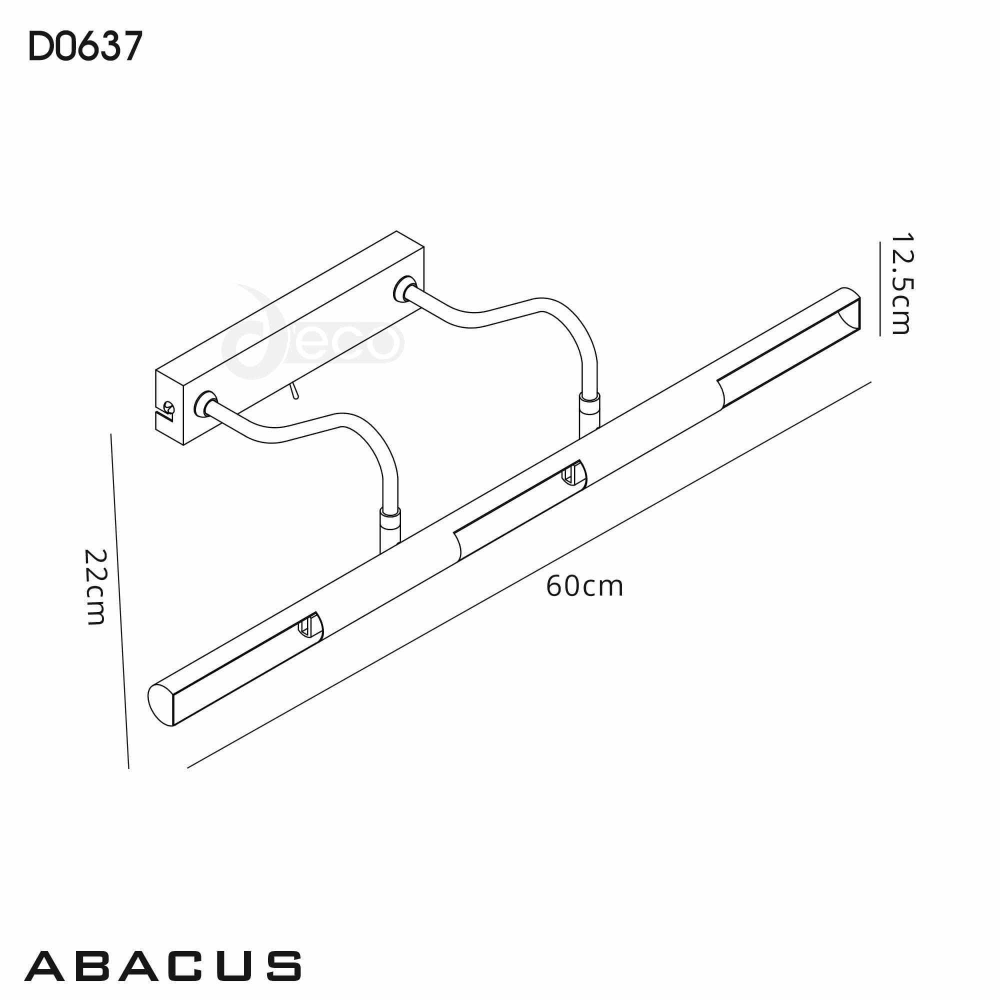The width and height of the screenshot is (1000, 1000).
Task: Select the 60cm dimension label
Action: tap(584, 587)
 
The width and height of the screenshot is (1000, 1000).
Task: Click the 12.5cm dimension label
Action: tap(900, 284)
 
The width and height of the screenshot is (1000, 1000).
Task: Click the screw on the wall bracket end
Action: tap(168, 409)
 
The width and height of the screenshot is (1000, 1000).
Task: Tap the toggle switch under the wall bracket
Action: tap(294, 391)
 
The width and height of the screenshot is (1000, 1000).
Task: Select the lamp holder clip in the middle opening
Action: tap(570, 473)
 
